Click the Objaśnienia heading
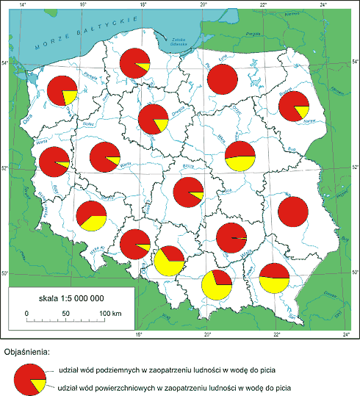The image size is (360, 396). [x=26, y=351]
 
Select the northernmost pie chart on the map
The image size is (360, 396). [x=135, y=62]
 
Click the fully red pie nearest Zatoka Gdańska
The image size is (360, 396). [x=222, y=79]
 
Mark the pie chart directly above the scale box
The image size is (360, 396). [x=92, y=215]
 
